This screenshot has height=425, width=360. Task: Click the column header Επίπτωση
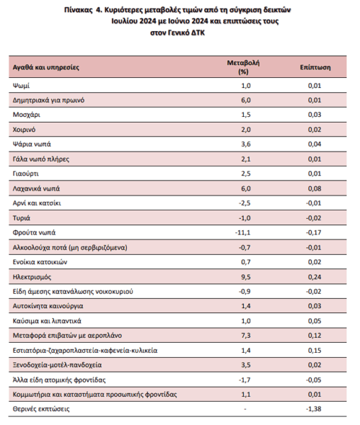pos(315,67)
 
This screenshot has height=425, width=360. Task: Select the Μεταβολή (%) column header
pos(243,67)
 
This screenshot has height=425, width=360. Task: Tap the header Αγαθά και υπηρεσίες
pos(46,67)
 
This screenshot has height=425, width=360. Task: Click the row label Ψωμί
pos(21,86)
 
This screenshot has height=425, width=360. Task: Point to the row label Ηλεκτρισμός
pos(32,277)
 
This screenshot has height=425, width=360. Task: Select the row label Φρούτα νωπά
pos(34,232)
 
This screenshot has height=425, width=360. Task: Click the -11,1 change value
pos(243,232)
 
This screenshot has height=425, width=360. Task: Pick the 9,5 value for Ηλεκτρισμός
pos(246,277)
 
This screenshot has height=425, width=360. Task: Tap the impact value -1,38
pos(314,409)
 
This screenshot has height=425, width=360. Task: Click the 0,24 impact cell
pos(315,277)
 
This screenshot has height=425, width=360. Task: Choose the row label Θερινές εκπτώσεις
pos(41,409)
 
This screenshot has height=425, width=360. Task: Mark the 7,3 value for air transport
pos(246,336)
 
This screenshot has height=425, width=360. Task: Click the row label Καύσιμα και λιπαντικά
pos(47,321)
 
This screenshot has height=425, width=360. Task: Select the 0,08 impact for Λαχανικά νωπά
pos(315,188)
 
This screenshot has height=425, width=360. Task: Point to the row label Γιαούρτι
pos(26,174)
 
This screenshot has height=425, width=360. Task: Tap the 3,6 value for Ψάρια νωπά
pos(246,144)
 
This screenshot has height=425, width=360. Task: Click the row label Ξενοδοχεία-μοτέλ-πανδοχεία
pos(57,365)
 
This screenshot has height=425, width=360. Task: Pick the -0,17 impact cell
pos(314,232)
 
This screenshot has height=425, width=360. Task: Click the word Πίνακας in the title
pos(79,10)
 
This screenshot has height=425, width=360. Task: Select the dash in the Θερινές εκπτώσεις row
pos(245,409)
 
